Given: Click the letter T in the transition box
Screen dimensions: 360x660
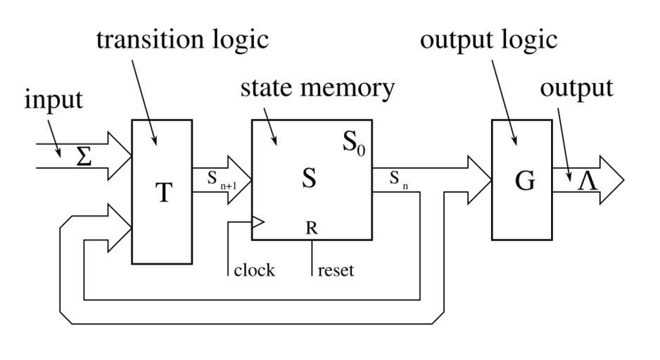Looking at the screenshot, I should pos(163,192).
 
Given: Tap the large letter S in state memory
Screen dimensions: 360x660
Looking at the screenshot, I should pos(309,179).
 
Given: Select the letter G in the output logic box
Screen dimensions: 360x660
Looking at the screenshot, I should pos(525,181).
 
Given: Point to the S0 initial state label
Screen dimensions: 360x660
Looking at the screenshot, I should pos(353,143).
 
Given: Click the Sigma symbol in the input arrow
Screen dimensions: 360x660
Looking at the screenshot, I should pos(84,157).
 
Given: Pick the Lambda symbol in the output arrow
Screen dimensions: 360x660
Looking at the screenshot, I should pos(588,181).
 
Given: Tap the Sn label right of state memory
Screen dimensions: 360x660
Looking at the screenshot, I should pos(399,181).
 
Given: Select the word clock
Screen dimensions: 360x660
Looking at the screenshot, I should pos(254,270).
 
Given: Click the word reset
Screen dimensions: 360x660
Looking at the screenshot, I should pos(336,270).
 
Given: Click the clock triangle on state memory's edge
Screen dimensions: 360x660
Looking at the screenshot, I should pos(258,223).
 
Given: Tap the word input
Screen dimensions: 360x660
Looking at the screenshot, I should pos(53,100).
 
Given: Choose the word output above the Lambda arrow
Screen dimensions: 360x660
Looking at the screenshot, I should pos(576,89).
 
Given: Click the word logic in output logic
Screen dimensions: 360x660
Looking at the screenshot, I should pos(528,40).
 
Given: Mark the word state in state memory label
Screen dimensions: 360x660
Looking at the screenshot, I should pos(268,89).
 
